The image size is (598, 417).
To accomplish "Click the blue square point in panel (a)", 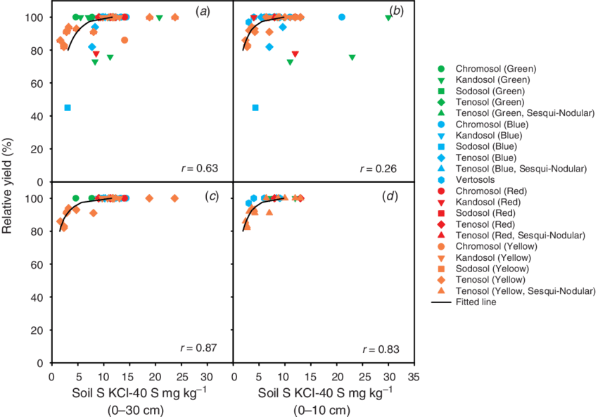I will point(68,108).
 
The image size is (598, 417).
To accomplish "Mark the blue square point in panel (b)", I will point(255,108).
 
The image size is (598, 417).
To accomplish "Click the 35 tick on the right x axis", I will point(414,377).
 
